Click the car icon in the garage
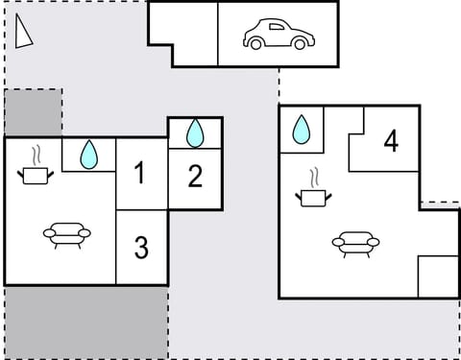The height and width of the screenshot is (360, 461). click(279, 35)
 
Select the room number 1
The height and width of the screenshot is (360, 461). click(140, 174)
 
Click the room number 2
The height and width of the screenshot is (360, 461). click(195, 177)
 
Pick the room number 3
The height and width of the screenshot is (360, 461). click(141, 248)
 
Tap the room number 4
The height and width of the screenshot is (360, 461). click(390, 141)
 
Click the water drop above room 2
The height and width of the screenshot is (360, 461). click(195, 132)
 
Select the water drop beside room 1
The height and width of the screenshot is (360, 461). click(88, 154)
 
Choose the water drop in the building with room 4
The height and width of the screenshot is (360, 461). click(301, 128)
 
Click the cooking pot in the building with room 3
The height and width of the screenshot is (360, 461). click(36, 174)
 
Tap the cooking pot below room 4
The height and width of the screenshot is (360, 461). click(313, 197)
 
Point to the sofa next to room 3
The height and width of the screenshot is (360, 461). click(67, 233)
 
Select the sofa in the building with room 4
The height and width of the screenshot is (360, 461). click(355, 244)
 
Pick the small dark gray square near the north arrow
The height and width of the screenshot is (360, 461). click(33, 113)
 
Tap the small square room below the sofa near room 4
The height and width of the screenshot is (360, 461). click(438, 277)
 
